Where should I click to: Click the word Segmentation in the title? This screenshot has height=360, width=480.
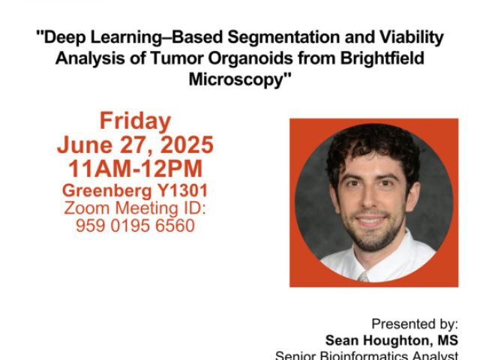pos(283,37)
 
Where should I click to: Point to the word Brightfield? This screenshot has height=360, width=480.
pos(382,58)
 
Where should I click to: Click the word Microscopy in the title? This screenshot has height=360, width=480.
pos(236,80)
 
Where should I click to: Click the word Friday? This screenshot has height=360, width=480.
pos(135,121)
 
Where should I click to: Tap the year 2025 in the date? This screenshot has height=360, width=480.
pos(187,145)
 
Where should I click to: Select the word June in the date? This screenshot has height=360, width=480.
pos(85,145)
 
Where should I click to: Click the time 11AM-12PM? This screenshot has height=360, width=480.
pos(135,169)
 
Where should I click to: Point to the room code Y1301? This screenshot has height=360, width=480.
pos(182,190)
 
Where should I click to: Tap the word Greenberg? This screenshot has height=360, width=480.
pos(107,191)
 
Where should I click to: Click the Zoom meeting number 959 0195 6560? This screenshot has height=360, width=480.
pos(135,226)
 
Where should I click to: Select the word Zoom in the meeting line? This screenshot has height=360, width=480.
pos(87,208)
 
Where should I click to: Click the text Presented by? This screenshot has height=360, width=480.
pos(415,324)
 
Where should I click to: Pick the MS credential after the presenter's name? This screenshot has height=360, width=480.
pos(448,340)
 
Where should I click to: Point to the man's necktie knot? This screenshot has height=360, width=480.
pos(364,277)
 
